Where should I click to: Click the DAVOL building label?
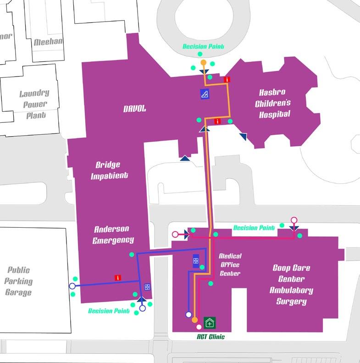134,109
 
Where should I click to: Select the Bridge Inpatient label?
112,170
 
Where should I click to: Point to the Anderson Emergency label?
113,234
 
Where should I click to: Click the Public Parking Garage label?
19,280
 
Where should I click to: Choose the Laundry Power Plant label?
34,104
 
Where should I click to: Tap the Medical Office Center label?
230,264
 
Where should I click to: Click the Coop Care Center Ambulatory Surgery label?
292,284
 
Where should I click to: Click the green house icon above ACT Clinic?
210,323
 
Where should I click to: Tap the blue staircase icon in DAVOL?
205,94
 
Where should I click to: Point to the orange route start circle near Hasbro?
203,62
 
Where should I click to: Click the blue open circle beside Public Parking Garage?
72,286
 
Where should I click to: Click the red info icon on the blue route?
118,277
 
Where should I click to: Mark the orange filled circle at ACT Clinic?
195,320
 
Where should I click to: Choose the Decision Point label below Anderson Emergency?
108,311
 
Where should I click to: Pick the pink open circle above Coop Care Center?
294,220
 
